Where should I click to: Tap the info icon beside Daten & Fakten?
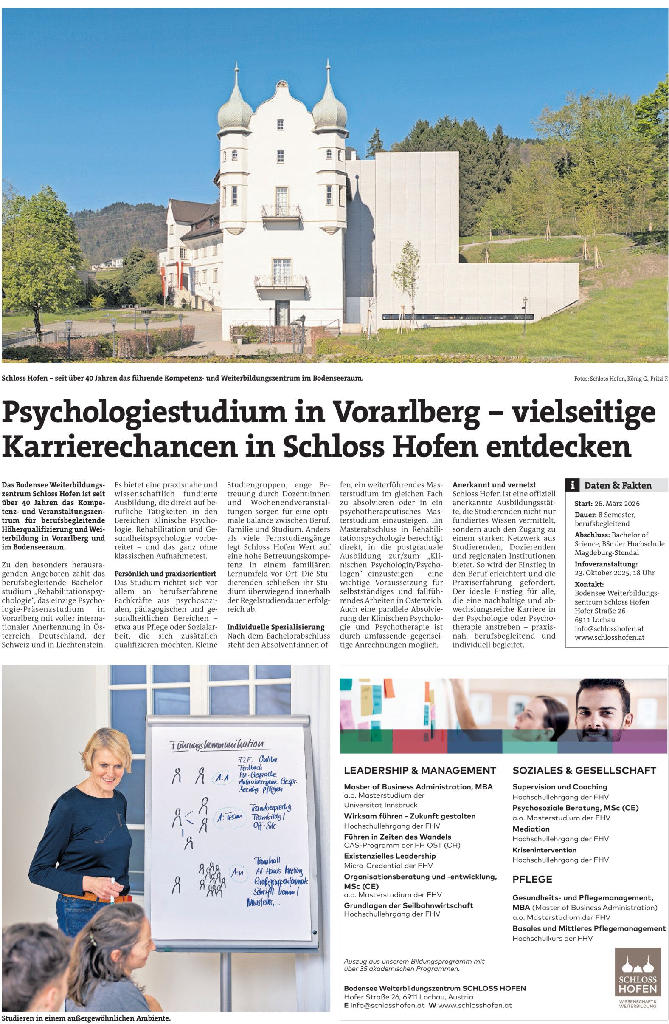[572, 485]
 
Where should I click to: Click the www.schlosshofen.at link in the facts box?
[609, 638]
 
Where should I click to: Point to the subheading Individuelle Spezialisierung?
[275, 627]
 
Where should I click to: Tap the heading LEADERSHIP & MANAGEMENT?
[420, 770]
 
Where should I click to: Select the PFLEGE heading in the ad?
[532, 879]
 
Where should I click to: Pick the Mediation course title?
[531, 829]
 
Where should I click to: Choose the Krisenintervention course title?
[544, 850]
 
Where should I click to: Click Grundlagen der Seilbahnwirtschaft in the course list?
[408, 905]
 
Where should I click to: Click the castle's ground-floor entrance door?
[282, 313]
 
